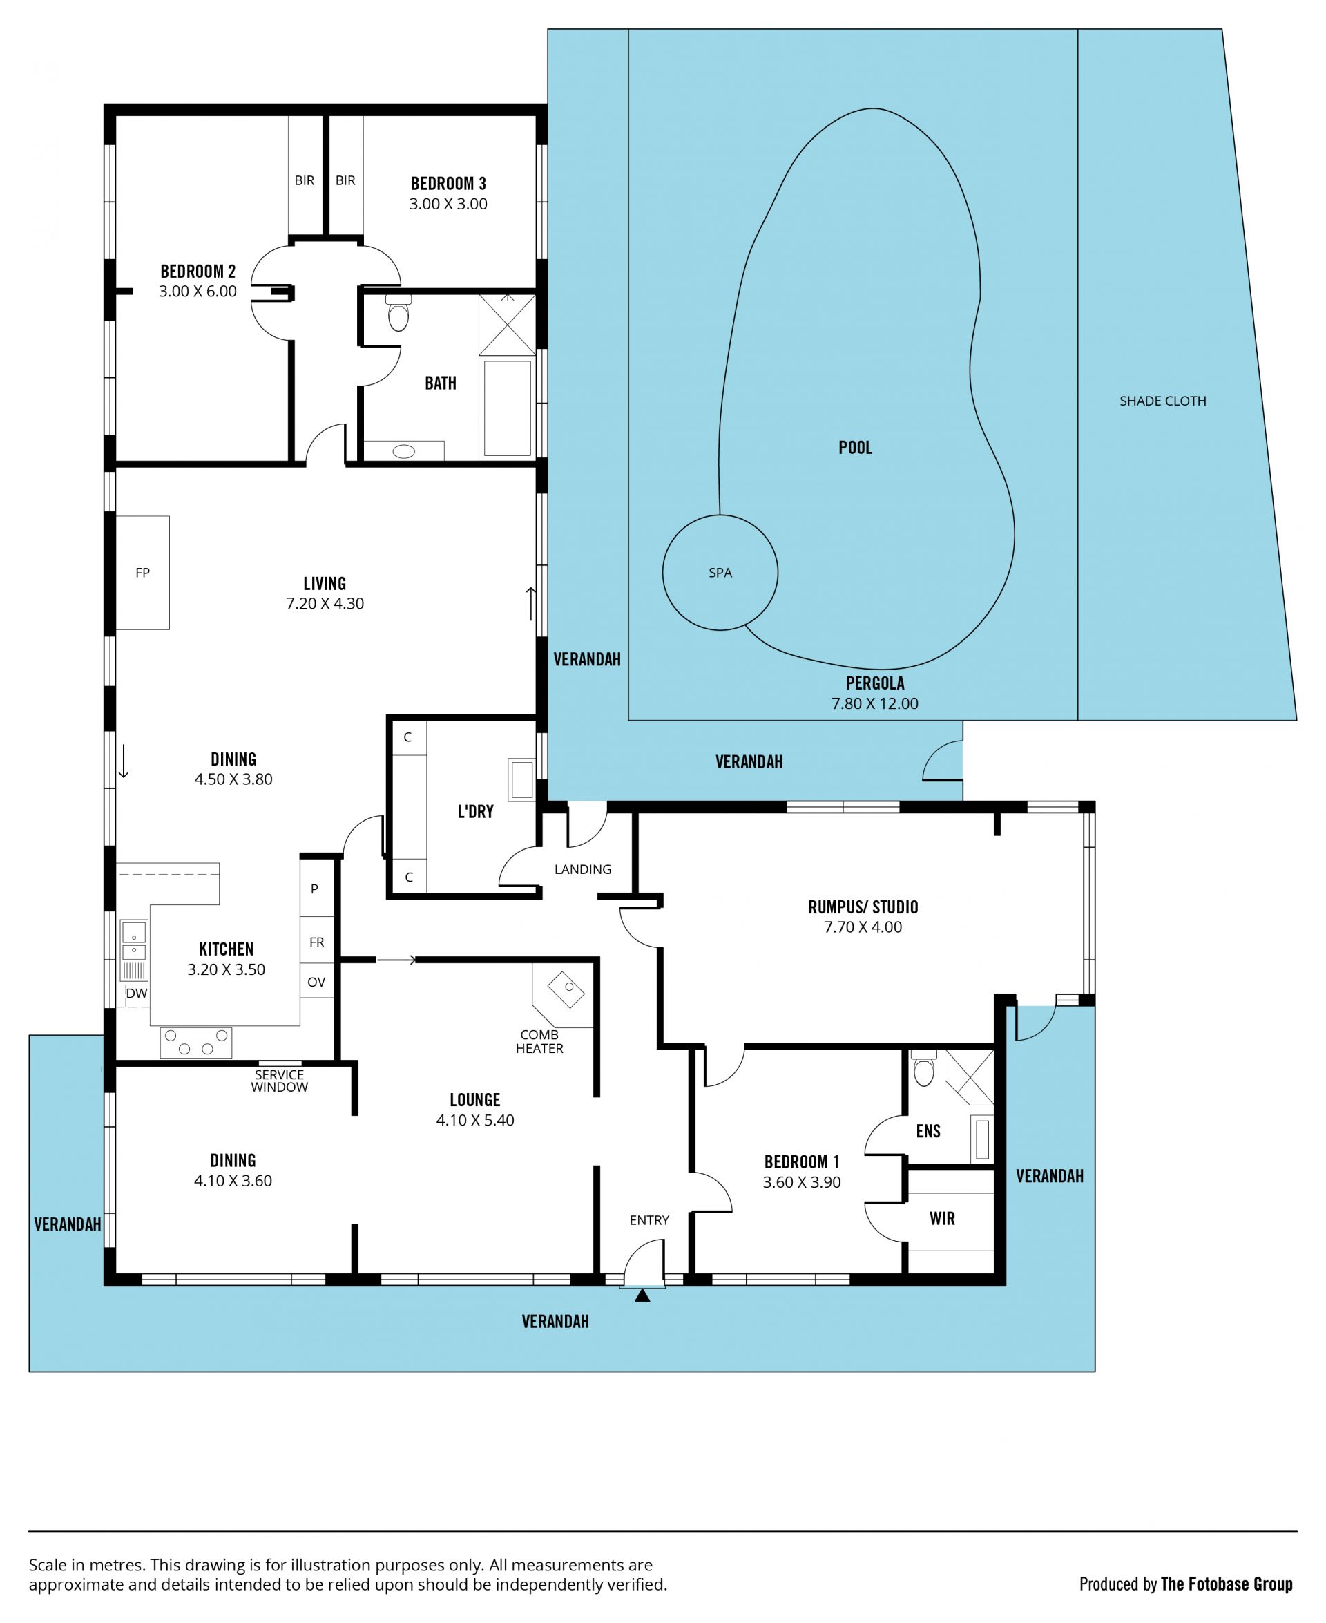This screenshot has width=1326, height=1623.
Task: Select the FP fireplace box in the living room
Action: (x=142, y=572)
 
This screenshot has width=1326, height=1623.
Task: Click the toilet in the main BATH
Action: (x=398, y=313)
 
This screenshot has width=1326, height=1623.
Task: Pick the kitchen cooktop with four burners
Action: (x=195, y=1042)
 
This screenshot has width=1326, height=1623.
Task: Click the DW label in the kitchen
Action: (x=137, y=994)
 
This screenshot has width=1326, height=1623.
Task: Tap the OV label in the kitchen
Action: (x=316, y=982)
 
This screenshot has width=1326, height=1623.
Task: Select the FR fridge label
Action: (x=316, y=942)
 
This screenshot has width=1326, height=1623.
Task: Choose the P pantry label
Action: (x=314, y=889)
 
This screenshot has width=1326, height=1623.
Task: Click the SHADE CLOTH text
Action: (x=1162, y=401)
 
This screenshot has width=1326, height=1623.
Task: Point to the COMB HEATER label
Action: (x=539, y=1041)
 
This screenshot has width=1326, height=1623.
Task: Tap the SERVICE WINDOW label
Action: (x=280, y=1081)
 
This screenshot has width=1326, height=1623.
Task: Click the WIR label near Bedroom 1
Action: (x=942, y=1218)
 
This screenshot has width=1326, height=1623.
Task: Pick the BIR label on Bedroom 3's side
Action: (x=345, y=180)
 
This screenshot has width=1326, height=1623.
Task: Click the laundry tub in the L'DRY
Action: (x=521, y=779)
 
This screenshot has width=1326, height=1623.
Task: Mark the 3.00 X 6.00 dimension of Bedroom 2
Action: (x=198, y=291)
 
